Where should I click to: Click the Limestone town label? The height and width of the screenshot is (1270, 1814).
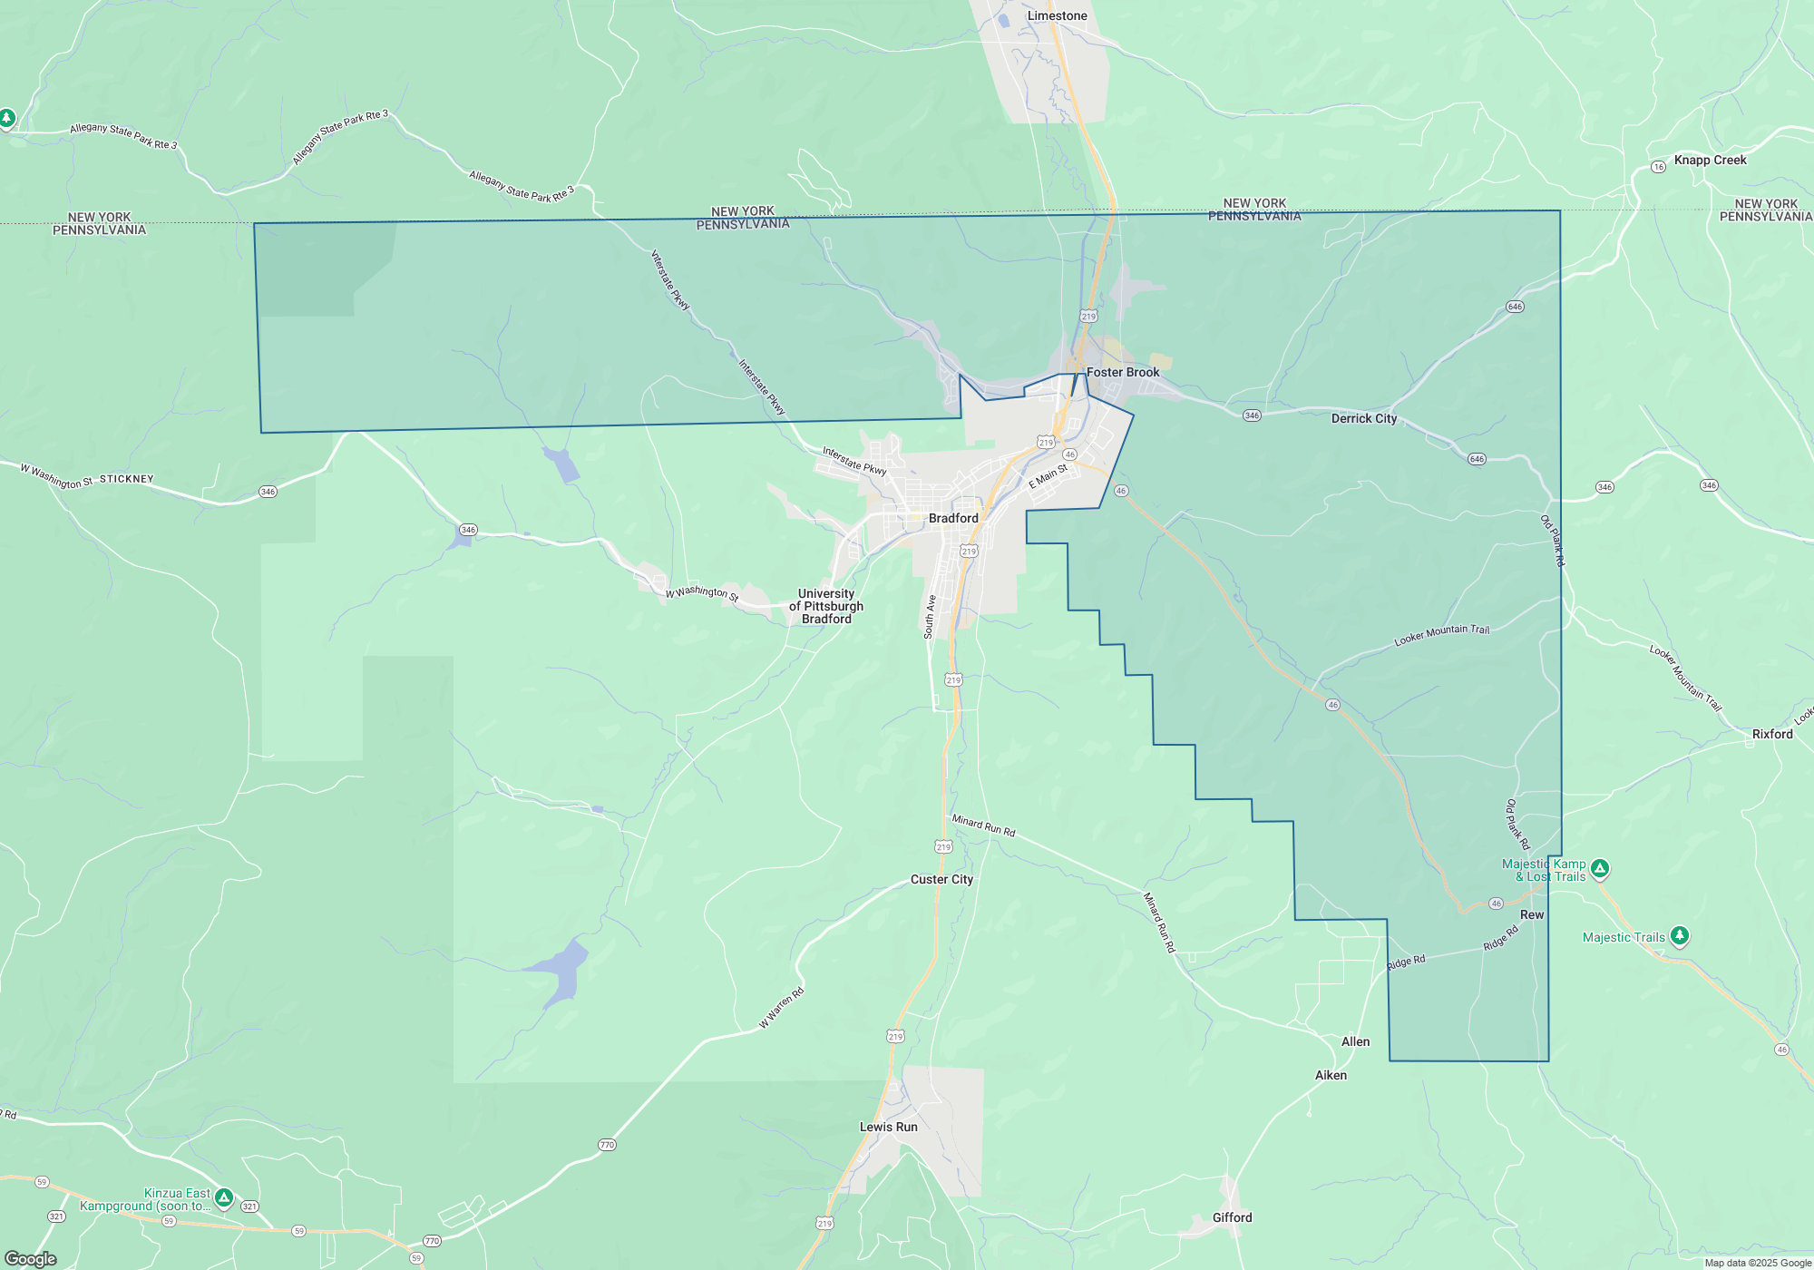point(1057,16)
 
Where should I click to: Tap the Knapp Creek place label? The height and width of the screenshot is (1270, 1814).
point(1710,161)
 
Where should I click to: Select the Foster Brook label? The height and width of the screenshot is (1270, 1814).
point(1123,373)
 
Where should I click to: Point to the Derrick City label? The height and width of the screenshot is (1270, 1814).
point(1363,419)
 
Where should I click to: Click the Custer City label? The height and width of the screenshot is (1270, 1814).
point(941,880)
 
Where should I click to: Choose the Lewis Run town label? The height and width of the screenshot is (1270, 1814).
point(888,1128)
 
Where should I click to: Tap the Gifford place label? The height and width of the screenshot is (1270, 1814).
point(1232,1218)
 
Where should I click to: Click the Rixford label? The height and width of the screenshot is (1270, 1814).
point(1772,735)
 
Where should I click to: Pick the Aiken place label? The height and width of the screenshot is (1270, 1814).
point(1331,1076)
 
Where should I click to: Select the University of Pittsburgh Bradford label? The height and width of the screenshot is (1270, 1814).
point(826,607)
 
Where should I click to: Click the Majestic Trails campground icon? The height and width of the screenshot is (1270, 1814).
point(1679,935)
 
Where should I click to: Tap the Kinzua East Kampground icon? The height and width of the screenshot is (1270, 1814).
point(224,1197)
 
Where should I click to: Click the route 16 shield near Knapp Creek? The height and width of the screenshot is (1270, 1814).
point(1658,167)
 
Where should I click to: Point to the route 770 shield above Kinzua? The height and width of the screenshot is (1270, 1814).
point(607,1145)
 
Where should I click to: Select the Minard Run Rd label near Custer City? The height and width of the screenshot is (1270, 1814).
point(983,825)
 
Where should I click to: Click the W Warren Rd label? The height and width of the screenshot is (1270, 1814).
point(781,1009)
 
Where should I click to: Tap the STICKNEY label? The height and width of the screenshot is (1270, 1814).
point(126,479)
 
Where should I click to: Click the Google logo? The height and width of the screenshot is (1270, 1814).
point(31,1259)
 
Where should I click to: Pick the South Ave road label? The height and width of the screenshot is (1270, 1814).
point(930,617)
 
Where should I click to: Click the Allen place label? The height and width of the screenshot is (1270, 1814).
point(1355,1042)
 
